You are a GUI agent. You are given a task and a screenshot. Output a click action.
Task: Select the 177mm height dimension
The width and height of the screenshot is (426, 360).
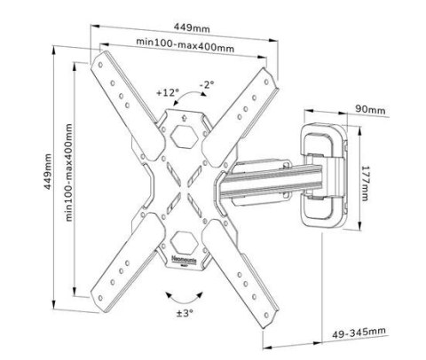click(x=365, y=175)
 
